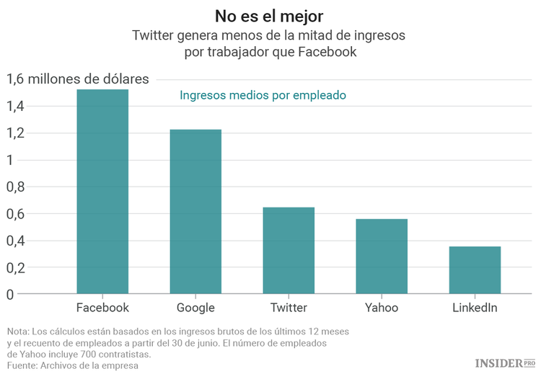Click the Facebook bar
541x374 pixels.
[102, 192]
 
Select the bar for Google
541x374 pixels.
[195, 212]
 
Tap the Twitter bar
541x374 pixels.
[289, 251]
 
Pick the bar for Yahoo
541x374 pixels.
[382, 257]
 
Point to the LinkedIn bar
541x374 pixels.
[475, 270]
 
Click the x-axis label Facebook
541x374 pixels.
[102, 308]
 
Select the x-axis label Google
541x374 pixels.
[195, 308]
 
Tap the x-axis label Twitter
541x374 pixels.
[289, 308]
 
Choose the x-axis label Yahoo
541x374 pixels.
[382, 308]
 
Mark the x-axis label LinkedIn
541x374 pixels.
[475, 308]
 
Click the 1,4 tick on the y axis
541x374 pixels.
[15, 107]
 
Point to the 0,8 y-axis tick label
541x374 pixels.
[15, 187]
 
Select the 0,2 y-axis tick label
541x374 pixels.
[15, 267]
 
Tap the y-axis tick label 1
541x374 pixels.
[10, 160]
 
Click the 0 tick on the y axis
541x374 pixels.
[10, 294]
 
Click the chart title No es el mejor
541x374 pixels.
[270, 16]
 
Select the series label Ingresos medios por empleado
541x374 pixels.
[263, 95]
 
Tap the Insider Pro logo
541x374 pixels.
[504, 362]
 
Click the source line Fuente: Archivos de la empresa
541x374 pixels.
[72, 365]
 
